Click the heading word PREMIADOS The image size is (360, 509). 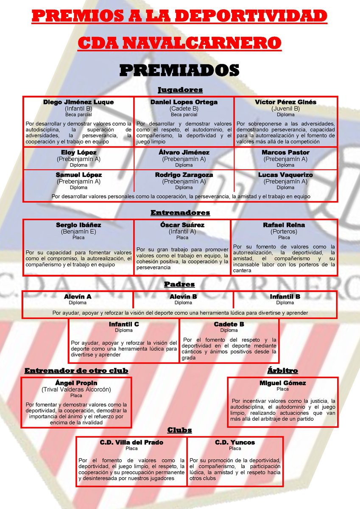point(179,70)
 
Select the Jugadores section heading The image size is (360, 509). point(180,89)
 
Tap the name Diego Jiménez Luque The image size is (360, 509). point(78,102)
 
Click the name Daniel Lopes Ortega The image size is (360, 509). point(184,102)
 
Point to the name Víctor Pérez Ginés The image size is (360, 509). point(285,102)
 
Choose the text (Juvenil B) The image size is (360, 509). point(285,109)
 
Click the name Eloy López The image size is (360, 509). point(78,152)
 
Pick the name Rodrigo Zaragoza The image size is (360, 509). point(184,175)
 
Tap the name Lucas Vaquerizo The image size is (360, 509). point(285,175)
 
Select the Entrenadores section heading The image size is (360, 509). point(180,213)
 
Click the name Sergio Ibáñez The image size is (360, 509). point(78,225)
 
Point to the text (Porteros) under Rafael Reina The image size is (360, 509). point(284,232)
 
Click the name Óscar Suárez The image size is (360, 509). point(182,225)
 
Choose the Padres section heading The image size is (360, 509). point(180,284)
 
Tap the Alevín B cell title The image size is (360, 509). point(183,297)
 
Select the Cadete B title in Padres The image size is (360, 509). point(229,324)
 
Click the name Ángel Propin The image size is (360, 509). point(76,383)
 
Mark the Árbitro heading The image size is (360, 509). point(283,371)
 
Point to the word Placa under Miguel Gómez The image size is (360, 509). point(282,389)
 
